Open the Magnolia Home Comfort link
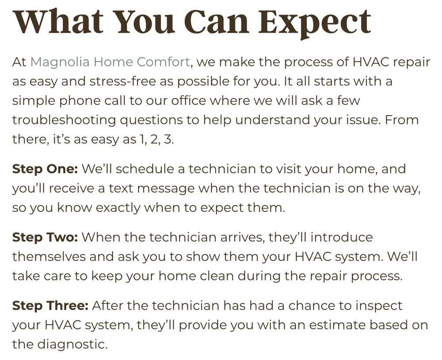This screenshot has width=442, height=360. (110, 62)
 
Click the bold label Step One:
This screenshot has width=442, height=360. (45, 169)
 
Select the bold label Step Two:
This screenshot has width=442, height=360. (45, 237)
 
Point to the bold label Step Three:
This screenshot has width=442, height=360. (50, 306)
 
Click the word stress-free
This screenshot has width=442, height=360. (122, 81)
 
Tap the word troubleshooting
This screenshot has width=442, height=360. (64, 120)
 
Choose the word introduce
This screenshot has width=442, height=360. (342, 237)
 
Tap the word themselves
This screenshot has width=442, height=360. (49, 257)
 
